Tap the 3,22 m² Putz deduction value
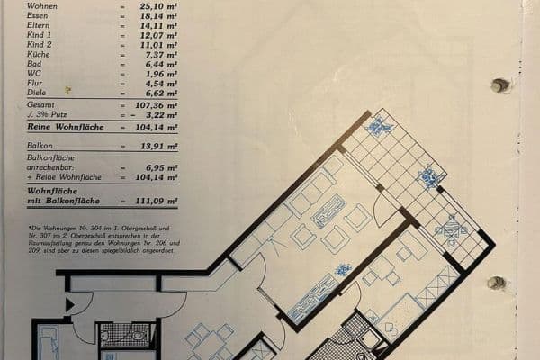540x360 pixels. tap(154, 115)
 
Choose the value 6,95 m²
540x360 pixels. tap(154, 168)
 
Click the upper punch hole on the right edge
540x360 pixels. tap(499, 85)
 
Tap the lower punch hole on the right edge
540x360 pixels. tap(496, 283)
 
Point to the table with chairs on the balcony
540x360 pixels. tap(450, 232)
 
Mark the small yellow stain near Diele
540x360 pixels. tap(67, 90)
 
